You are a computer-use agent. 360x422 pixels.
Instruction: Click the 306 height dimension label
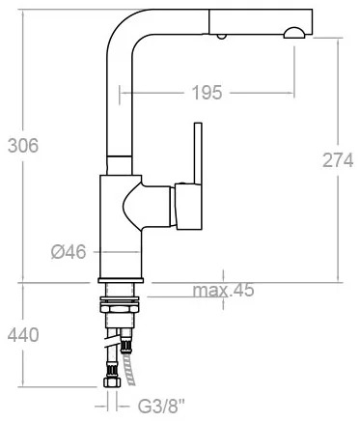(23, 145)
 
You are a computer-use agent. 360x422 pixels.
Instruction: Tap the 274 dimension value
(338, 160)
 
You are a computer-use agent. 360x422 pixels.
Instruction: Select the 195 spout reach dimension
(207, 93)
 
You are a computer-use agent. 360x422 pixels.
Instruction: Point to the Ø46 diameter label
(69, 251)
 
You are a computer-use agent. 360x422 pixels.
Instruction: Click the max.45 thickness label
(223, 290)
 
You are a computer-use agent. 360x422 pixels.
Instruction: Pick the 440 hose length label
(23, 335)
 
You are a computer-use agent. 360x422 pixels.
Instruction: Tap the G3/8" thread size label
(162, 407)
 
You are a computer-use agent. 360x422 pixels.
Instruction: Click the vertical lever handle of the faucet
(198, 154)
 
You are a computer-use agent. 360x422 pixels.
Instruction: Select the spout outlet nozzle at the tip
(294, 33)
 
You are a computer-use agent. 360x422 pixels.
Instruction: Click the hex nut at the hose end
(112, 382)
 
